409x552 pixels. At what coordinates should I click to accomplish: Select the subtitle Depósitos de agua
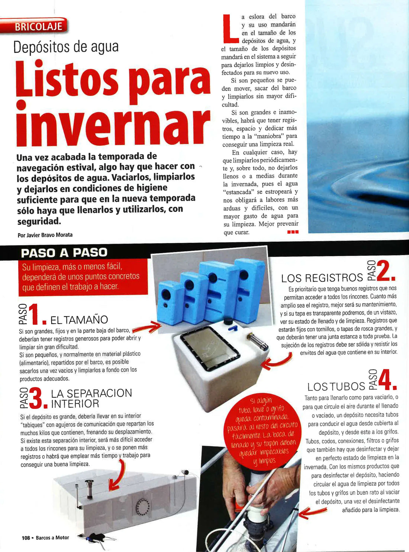(x=66, y=47)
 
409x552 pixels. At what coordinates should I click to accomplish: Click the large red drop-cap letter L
(x=230, y=28)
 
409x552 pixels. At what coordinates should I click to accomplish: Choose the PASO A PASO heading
(x=64, y=253)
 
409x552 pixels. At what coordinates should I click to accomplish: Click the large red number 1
(x=34, y=314)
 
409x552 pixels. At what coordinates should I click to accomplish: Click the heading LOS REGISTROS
(x=322, y=278)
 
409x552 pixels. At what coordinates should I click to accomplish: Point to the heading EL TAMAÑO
(x=79, y=320)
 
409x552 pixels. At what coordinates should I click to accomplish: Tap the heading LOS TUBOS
(x=336, y=386)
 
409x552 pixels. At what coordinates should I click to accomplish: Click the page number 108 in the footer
(x=26, y=537)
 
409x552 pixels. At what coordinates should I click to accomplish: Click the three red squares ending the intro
(x=293, y=232)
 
